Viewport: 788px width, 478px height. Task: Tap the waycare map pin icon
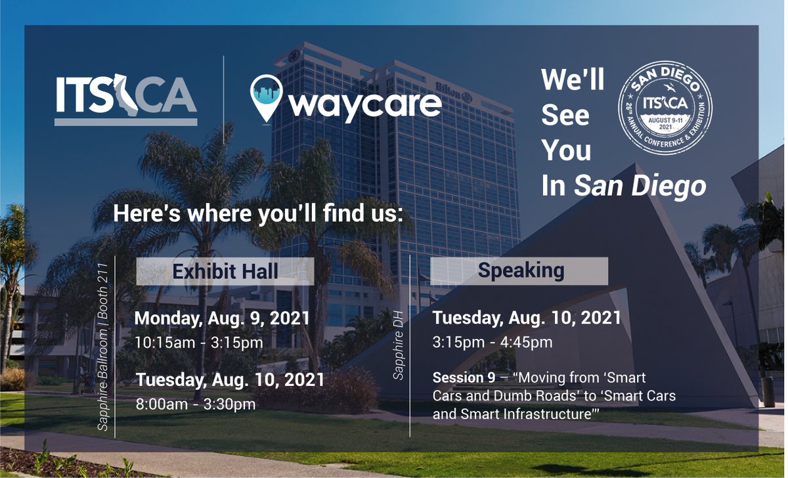click(x=267, y=98)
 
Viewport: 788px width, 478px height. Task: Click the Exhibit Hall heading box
click(x=225, y=271)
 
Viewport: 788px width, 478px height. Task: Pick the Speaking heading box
click(x=520, y=271)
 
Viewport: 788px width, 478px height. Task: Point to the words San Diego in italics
click(x=640, y=186)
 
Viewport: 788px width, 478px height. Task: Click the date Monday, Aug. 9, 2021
click(x=222, y=319)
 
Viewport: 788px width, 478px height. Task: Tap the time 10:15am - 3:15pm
click(x=198, y=343)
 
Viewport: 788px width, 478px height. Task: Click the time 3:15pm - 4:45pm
click(x=492, y=343)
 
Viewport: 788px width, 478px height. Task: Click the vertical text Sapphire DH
click(x=399, y=348)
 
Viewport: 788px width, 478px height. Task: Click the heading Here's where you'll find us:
click(x=257, y=213)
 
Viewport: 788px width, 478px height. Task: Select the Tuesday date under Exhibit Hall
click(x=229, y=380)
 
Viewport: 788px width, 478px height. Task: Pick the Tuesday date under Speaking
click(x=527, y=318)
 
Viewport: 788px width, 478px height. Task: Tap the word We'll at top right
click(x=573, y=81)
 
